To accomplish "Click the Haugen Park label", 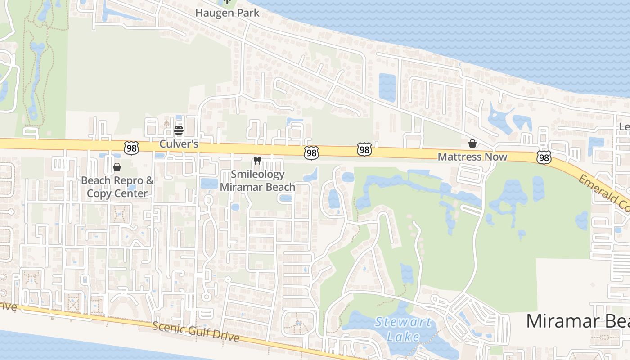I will [x=227, y=13].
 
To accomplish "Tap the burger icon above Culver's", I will [x=179, y=131].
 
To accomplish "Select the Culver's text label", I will [x=179, y=144].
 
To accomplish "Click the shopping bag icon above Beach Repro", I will [x=117, y=167].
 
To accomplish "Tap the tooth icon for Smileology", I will [x=257, y=160].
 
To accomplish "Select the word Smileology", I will [x=257, y=174].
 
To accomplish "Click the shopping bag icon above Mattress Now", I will [x=472, y=144].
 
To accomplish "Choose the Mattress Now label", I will [x=472, y=157].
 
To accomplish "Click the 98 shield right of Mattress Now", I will [x=544, y=157].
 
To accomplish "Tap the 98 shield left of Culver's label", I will [x=131, y=148].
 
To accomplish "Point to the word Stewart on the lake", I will [x=403, y=322].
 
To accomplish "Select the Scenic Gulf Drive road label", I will [x=195, y=332].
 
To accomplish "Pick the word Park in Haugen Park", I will [x=248, y=13].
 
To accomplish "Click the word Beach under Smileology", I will [x=280, y=187].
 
